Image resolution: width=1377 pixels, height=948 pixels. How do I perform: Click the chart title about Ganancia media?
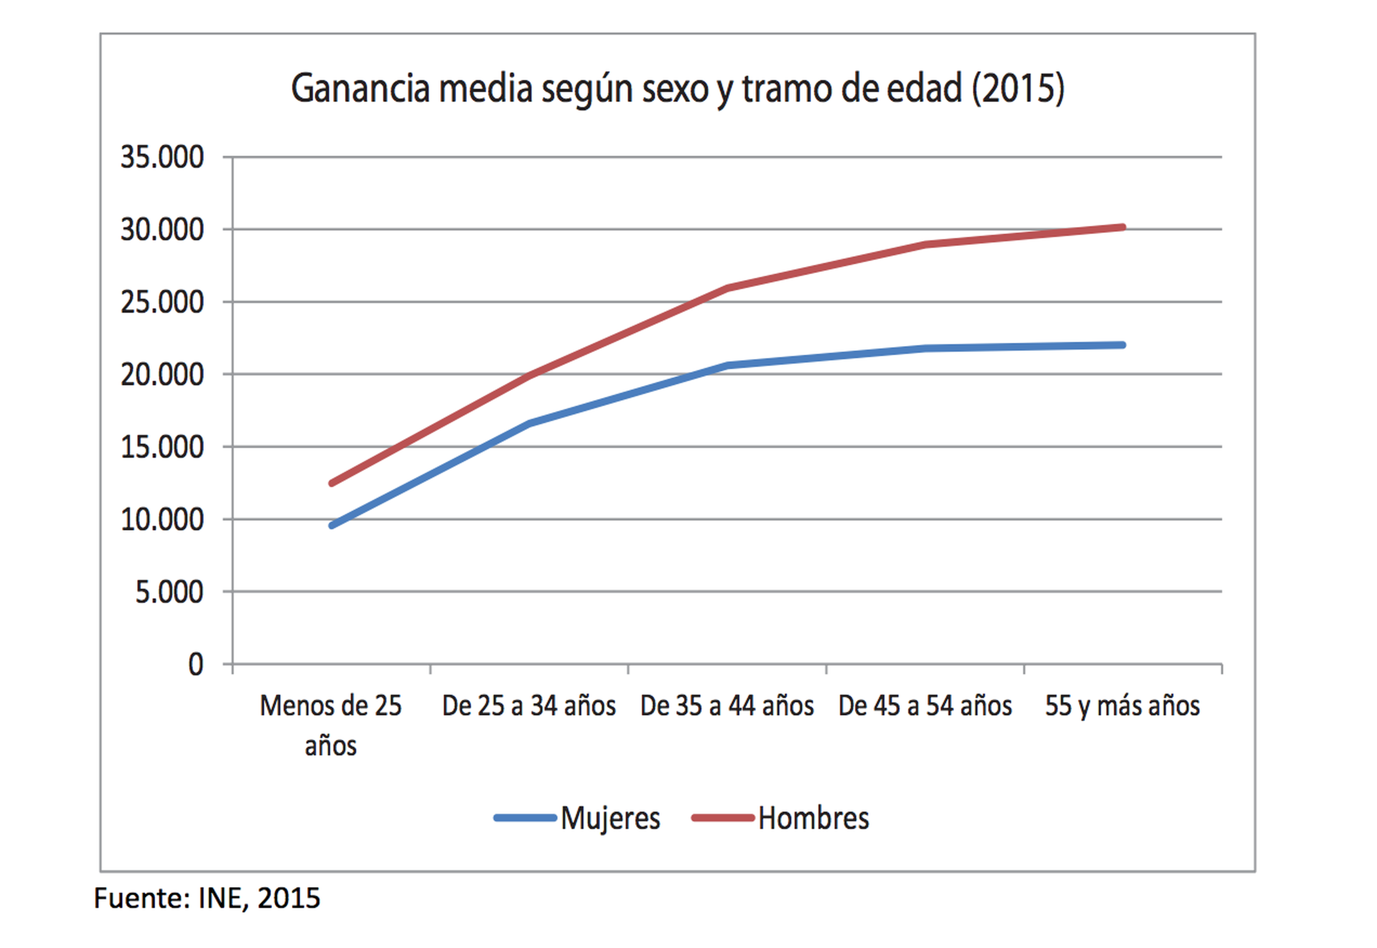677,89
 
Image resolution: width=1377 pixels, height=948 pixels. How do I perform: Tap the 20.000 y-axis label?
162,375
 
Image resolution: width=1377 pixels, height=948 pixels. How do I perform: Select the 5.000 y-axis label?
169,592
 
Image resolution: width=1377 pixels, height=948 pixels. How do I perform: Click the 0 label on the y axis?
195,664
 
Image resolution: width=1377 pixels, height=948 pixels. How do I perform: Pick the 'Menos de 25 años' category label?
330,725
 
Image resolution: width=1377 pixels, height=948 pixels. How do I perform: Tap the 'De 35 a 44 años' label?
727,706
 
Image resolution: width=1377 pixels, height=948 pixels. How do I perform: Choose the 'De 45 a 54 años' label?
925,706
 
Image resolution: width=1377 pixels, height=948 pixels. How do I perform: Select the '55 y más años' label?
1122,706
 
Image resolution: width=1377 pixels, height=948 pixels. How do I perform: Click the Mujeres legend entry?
578,819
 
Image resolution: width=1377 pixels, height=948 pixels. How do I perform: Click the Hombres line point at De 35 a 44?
728,289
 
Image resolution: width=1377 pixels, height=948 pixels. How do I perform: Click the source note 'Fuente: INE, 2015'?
207,898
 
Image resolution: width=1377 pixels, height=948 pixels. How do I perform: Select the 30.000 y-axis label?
162,230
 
